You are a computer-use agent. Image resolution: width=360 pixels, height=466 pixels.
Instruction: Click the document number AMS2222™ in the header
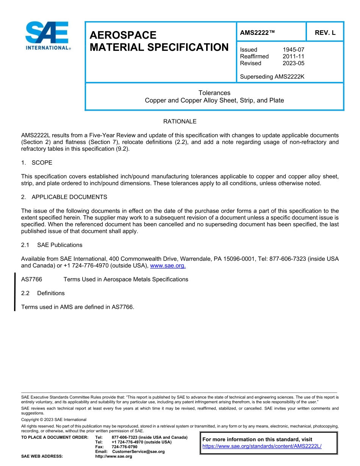[257, 33]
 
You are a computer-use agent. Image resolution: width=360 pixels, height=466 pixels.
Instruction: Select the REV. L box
[325, 33]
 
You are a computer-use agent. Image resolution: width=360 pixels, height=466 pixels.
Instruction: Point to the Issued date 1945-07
[293, 50]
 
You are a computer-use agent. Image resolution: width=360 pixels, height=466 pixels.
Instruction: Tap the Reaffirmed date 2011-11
[293, 56]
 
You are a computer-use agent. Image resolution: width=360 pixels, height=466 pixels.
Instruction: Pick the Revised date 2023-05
[293, 63]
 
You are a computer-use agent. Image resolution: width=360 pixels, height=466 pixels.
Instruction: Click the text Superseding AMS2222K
[272, 77]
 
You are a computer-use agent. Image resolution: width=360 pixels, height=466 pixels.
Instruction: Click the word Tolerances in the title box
[214, 93]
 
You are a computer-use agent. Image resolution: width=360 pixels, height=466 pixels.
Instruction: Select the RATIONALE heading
[180, 122]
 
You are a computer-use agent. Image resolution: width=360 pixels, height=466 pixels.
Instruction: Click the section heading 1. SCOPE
[37, 163]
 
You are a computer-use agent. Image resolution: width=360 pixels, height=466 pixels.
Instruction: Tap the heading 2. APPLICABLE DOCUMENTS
[64, 197]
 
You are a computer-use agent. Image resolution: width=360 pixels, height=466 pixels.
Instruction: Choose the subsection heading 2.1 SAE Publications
[52, 245]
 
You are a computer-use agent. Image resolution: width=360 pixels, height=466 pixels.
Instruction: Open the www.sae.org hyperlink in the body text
[168, 266]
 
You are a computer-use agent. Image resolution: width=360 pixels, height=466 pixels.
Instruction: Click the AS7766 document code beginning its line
[31, 280]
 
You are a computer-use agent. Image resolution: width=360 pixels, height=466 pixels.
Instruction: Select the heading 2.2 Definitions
[43, 293]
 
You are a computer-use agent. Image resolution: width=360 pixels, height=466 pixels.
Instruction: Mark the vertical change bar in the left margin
[15, 292]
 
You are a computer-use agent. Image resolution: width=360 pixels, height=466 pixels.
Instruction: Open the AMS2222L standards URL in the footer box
[262, 446]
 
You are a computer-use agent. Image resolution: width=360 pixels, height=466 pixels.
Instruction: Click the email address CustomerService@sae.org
[138, 452]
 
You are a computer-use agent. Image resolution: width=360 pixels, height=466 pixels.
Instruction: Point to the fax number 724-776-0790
[124, 447]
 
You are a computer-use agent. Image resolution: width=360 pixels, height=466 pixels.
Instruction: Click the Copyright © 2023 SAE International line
[54, 420]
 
